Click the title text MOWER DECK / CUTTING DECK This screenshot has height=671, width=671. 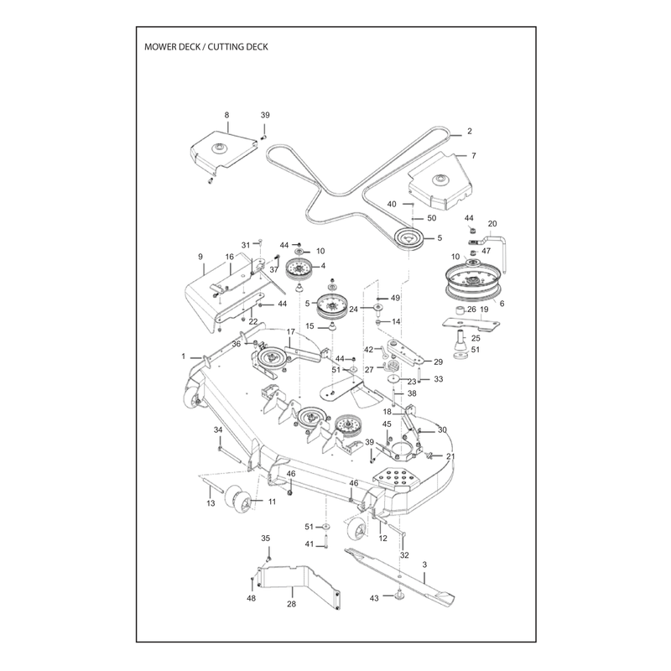[205, 47]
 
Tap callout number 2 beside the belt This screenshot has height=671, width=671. [470, 131]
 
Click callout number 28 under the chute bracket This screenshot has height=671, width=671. [291, 604]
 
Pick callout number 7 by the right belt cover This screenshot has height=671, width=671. [473, 155]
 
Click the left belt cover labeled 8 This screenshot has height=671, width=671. [224, 150]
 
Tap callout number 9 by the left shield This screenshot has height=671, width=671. [200, 257]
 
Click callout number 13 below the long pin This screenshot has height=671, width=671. [211, 503]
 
